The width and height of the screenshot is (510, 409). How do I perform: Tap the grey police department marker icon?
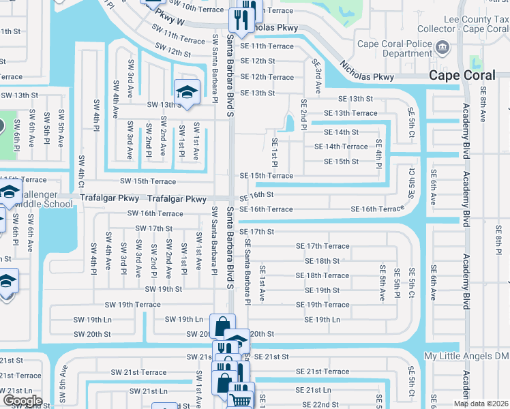coord(443,48)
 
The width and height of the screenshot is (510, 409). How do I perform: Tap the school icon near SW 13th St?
coord(186,91)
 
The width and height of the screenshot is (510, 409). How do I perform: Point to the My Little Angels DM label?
coord(466,357)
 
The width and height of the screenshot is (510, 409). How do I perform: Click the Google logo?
coord(22,401)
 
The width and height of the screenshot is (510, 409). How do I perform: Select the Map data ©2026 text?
coord(481,404)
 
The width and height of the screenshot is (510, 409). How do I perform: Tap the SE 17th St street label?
coord(257,232)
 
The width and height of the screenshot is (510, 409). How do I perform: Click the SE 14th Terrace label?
coord(341,147)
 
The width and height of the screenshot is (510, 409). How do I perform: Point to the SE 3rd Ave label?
coord(317,76)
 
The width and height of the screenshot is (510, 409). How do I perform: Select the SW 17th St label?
coord(153,228)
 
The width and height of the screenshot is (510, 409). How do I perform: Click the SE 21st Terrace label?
coord(322,372)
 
